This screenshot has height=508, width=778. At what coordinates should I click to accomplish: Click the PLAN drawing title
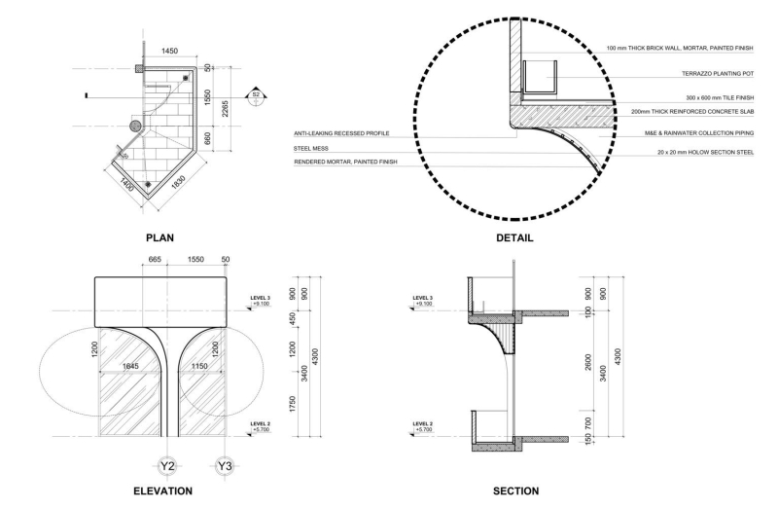tap(159, 236)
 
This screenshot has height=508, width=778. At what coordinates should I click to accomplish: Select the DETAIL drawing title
tap(513, 237)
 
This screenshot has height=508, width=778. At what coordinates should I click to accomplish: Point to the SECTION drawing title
tap(514, 490)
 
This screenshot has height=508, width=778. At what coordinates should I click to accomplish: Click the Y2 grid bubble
tap(167, 466)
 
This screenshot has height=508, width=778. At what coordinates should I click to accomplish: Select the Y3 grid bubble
tap(225, 466)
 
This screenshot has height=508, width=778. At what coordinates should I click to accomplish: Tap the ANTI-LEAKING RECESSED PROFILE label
tap(341, 133)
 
